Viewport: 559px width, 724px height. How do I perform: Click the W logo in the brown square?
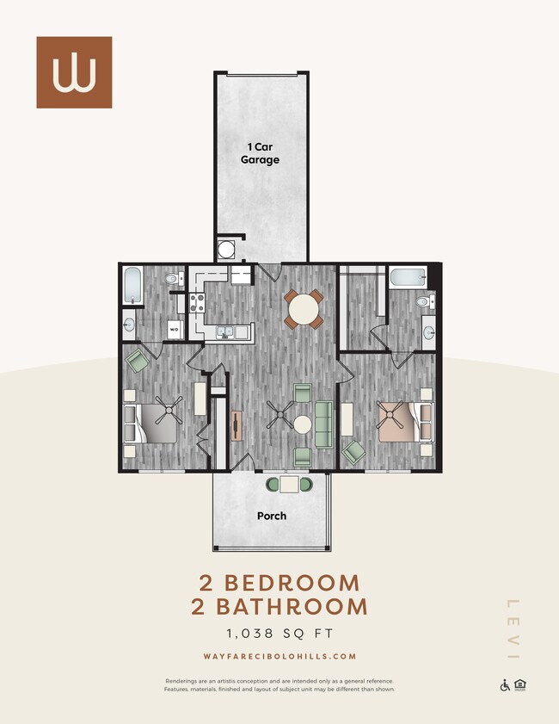(x=74, y=72)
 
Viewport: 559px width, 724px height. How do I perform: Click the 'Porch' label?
(x=272, y=517)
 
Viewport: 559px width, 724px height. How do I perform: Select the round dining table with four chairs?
(x=304, y=309)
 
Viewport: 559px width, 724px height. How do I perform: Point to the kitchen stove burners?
(x=196, y=303)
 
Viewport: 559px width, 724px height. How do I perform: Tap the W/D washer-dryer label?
(x=173, y=329)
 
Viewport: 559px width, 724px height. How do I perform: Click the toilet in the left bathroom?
(x=171, y=278)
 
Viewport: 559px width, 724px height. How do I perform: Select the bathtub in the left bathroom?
(x=133, y=285)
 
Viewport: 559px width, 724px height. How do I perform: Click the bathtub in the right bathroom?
(x=405, y=278)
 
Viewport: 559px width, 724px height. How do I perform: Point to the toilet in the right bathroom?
(x=424, y=302)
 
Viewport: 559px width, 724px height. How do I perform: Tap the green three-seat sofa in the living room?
(x=324, y=422)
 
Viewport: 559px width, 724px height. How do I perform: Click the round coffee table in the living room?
(x=303, y=424)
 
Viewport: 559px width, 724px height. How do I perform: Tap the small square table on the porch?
(x=288, y=484)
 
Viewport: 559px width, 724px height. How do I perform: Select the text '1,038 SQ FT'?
(x=279, y=634)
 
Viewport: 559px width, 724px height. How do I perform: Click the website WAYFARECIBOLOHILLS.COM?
(x=279, y=657)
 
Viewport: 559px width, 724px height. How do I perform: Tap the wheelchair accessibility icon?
(x=505, y=685)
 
